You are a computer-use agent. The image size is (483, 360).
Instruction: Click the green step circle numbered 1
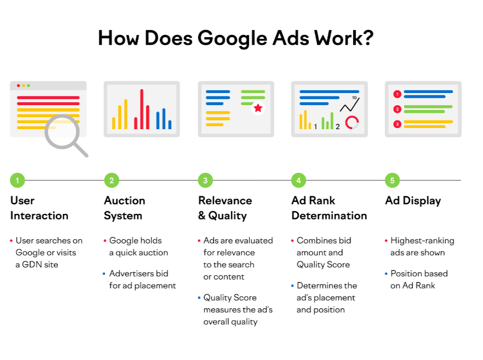pyautogui.click(x=18, y=181)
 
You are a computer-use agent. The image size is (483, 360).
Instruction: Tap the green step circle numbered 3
pyautogui.click(x=205, y=181)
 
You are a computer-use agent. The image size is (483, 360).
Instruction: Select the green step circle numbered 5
pyautogui.click(x=392, y=181)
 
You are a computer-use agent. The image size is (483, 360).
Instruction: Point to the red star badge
pyautogui.click(x=258, y=108)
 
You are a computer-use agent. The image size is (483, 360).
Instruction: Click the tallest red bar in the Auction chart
pyautogui.click(x=142, y=109)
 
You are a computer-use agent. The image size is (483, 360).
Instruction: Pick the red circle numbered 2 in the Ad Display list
pyautogui.click(x=398, y=109)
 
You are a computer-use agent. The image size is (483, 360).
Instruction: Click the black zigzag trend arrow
pyautogui.click(x=349, y=105)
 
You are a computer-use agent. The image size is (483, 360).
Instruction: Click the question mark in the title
pyautogui.click(x=367, y=38)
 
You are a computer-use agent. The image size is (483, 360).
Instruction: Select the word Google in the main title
pyautogui.click(x=233, y=39)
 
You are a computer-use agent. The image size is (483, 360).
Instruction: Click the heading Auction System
pyautogui.click(x=124, y=208)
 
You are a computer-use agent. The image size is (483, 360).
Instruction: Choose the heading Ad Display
pyautogui.click(x=413, y=201)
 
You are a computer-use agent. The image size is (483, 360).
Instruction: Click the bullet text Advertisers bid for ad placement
pyautogui.click(x=142, y=280)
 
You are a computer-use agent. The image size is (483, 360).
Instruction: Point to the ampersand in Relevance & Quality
pyautogui.click(x=202, y=216)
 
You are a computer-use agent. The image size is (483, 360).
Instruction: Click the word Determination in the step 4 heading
pyautogui.click(x=329, y=216)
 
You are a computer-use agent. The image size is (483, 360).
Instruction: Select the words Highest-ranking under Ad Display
pyautogui.click(x=422, y=241)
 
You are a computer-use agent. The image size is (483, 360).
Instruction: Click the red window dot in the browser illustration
pyautogui.click(x=19, y=85)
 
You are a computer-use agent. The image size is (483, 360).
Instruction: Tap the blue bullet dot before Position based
pyautogui.click(x=386, y=274)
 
